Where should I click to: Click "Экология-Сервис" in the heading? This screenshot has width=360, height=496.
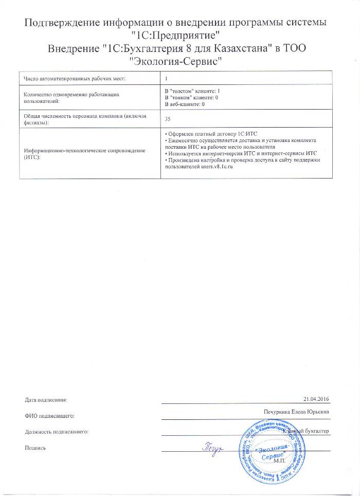click(x=179, y=61)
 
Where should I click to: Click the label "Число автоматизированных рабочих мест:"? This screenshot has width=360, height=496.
click(x=76, y=78)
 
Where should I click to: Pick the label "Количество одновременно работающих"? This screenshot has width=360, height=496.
click(x=73, y=95)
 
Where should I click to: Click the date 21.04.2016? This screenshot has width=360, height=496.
click(x=316, y=399)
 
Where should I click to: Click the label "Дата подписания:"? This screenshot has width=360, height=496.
click(x=46, y=400)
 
